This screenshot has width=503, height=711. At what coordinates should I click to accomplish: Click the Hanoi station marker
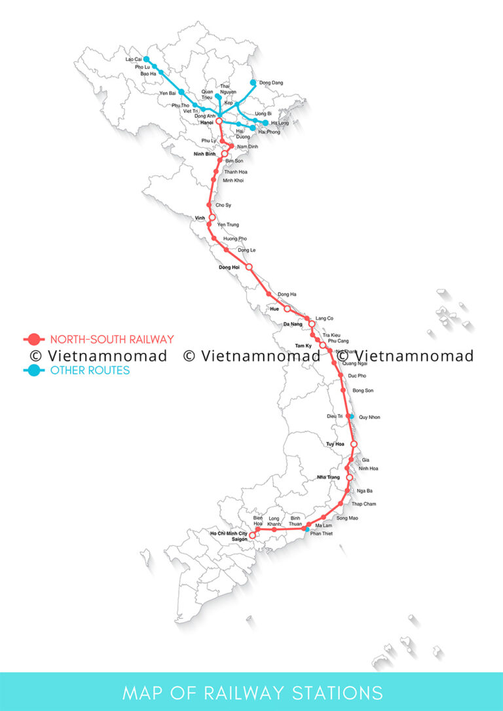point(219,122)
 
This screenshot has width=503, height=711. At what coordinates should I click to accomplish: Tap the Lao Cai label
point(134,59)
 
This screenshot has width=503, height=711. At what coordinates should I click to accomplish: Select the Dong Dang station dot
point(253,83)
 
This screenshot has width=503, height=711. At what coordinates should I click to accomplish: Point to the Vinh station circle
point(212,217)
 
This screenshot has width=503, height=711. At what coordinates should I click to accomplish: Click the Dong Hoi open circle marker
point(249,267)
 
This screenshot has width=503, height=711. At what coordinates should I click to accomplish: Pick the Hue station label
point(274,308)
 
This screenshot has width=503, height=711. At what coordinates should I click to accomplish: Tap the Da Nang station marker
point(312,323)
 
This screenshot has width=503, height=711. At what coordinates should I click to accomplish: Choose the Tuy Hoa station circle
point(354,444)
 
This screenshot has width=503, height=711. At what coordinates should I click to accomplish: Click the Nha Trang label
point(328,477)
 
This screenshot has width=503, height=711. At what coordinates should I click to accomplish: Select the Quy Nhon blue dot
point(352,416)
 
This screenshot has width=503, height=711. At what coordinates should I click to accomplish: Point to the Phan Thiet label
point(322,534)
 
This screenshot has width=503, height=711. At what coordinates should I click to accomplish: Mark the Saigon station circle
point(253,535)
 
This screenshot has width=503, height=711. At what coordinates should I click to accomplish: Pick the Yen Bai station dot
point(181,92)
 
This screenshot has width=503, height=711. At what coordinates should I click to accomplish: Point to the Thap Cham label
point(363,504)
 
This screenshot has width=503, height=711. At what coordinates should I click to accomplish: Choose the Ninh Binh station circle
point(224,154)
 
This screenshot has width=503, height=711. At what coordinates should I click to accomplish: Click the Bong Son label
point(363,391)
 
